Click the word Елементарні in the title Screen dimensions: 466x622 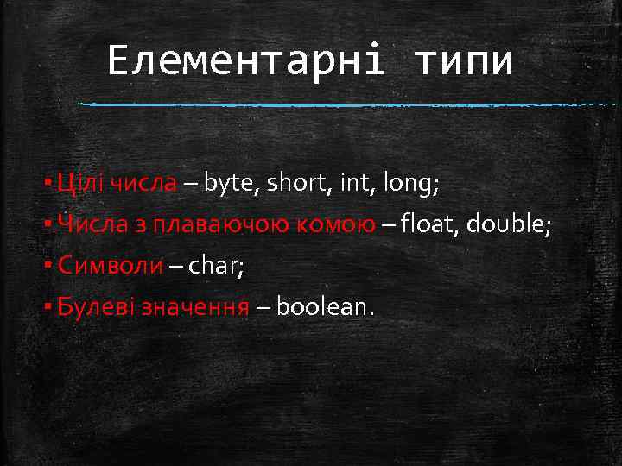[x=245, y=62]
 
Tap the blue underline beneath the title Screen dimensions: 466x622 [x=346, y=104]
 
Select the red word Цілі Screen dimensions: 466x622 [x=76, y=184]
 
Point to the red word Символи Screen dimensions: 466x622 [x=109, y=266]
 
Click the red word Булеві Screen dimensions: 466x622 [x=85, y=307]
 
